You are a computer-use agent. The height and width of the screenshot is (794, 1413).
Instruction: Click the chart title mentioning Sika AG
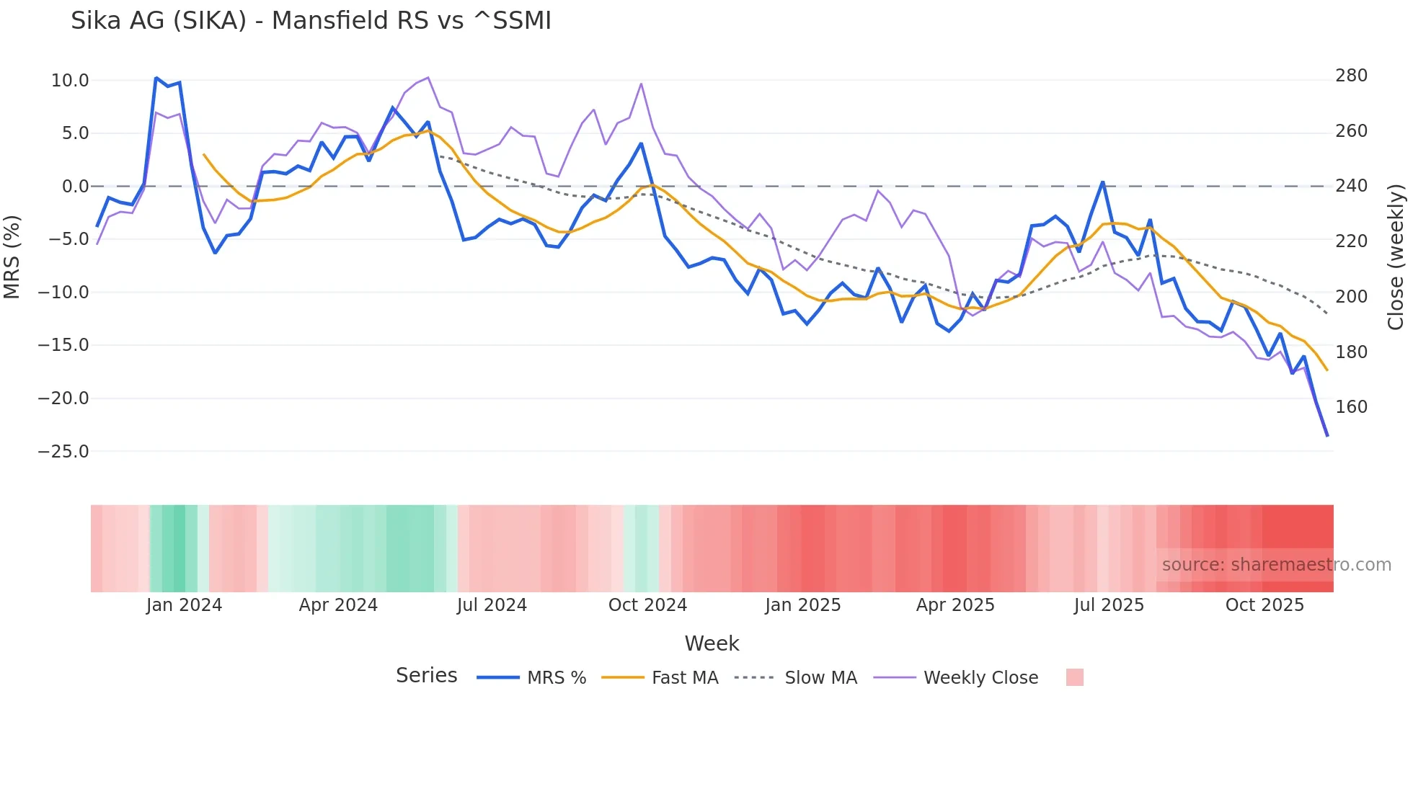[311, 21]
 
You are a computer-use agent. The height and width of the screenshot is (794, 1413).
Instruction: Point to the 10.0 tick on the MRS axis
[70, 80]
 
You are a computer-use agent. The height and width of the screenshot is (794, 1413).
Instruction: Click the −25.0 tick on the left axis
[63, 452]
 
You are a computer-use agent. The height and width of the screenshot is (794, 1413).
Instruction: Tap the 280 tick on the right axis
[1351, 76]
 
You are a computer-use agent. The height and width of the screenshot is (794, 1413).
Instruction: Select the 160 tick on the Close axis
[1351, 407]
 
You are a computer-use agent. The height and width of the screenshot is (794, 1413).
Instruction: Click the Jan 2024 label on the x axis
[184, 605]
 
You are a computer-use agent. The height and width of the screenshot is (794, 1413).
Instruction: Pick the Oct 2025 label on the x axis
[1264, 605]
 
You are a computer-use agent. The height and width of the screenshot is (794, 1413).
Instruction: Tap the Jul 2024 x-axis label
[492, 605]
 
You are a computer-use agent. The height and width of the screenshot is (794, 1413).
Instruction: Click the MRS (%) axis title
[12, 257]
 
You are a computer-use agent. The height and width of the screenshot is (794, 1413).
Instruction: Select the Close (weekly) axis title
[1396, 257]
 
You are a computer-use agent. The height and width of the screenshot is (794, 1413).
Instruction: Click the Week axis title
[712, 643]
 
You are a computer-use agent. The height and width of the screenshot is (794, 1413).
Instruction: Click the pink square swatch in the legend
[1074, 677]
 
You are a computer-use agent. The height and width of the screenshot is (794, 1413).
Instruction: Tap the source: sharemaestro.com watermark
[1276, 565]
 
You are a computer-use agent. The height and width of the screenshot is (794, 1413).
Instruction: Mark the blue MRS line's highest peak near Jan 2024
[156, 78]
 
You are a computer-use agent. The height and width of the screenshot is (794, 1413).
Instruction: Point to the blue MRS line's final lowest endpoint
[1327, 435]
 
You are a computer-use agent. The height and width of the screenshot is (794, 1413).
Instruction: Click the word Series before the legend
[426, 676]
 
